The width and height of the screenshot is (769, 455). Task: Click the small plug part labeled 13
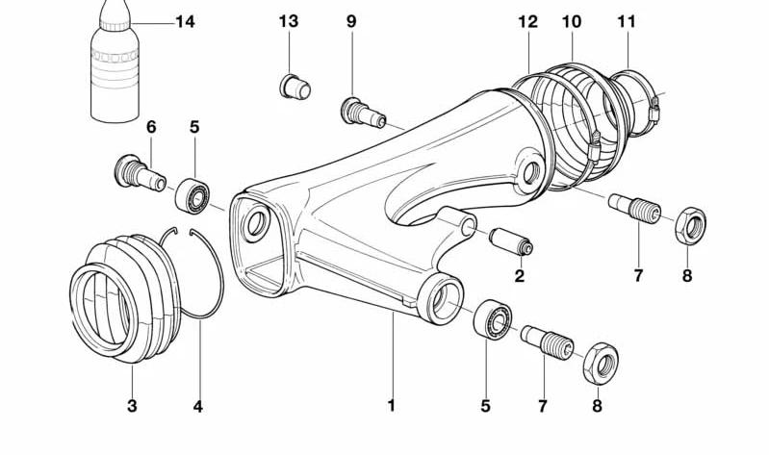(295, 88)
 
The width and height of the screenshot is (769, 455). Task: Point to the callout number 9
(351, 20)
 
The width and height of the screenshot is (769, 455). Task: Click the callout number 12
(526, 20)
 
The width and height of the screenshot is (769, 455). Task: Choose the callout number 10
(573, 20)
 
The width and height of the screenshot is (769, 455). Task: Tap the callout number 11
(628, 20)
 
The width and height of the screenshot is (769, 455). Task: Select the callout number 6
(151, 127)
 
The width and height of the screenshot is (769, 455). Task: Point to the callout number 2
(520, 278)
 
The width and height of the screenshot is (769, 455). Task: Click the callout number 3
(133, 406)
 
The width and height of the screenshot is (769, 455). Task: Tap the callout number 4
(197, 406)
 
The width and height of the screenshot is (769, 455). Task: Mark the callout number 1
(392, 406)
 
